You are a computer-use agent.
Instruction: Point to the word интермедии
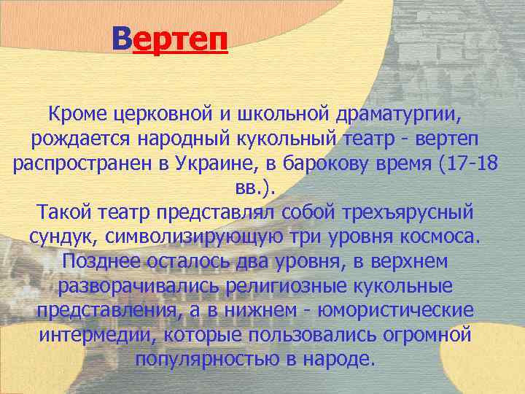98,335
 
